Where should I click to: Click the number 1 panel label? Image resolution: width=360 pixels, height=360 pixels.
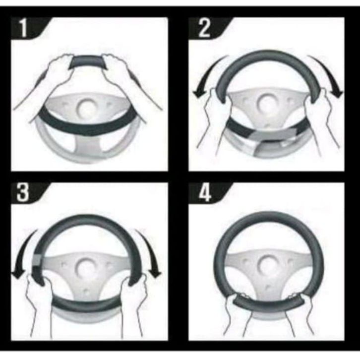click(x=24, y=28)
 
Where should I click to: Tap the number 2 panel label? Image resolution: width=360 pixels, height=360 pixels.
click(x=204, y=28)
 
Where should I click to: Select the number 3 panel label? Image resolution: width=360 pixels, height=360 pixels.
click(x=22, y=192)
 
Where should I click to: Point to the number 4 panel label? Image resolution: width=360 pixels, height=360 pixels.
click(x=204, y=192)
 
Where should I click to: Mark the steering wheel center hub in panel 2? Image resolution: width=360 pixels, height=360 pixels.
click(x=266, y=104)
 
